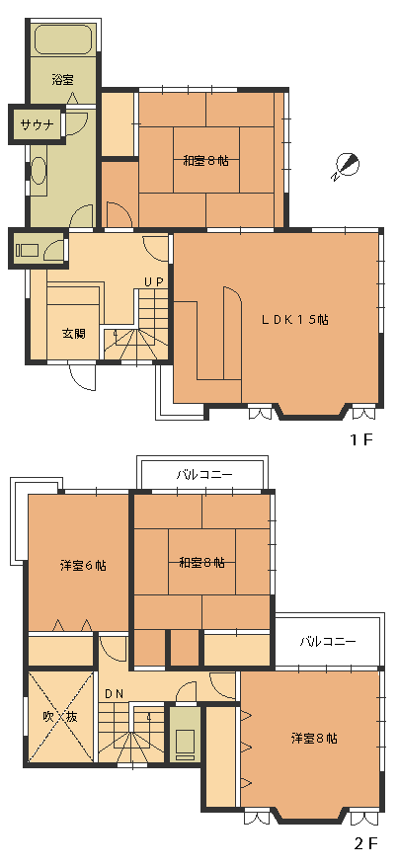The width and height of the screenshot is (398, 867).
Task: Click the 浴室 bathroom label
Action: [x=62, y=80]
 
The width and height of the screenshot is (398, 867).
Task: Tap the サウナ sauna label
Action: [x=38, y=123]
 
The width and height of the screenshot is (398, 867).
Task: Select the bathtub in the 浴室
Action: [x=62, y=39]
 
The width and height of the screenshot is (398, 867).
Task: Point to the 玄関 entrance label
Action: [x=73, y=334]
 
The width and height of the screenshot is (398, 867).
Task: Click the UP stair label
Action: [x=154, y=281]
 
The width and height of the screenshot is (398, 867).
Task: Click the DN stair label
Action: [x=114, y=694]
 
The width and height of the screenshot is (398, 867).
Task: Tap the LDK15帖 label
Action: [x=294, y=319]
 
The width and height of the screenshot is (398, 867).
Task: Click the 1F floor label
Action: [x=361, y=440]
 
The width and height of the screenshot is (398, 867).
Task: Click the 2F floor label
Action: [x=365, y=843]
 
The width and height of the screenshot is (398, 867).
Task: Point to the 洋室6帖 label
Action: [x=83, y=566]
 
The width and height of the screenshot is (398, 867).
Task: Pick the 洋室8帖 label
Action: [x=314, y=739]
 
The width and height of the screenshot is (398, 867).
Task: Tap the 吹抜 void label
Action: [x=60, y=717]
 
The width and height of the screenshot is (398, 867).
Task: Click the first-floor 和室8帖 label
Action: [x=205, y=162]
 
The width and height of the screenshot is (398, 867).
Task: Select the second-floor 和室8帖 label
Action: [x=201, y=563]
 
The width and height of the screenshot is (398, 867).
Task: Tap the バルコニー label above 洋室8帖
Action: [x=328, y=642]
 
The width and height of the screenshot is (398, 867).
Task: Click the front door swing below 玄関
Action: [x=82, y=377]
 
